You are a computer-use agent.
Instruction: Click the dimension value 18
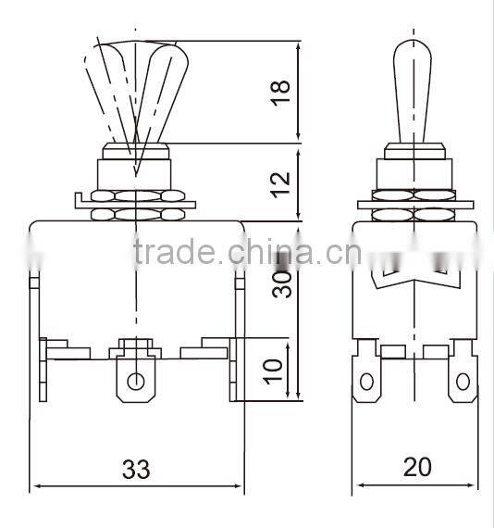pyautogui.click(x=283, y=92)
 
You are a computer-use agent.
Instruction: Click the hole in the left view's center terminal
pyautogui.click(x=136, y=381)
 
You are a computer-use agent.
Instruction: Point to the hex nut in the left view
pyautogui.click(x=136, y=206)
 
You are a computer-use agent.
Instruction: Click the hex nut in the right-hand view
pyautogui.click(x=413, y=206)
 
